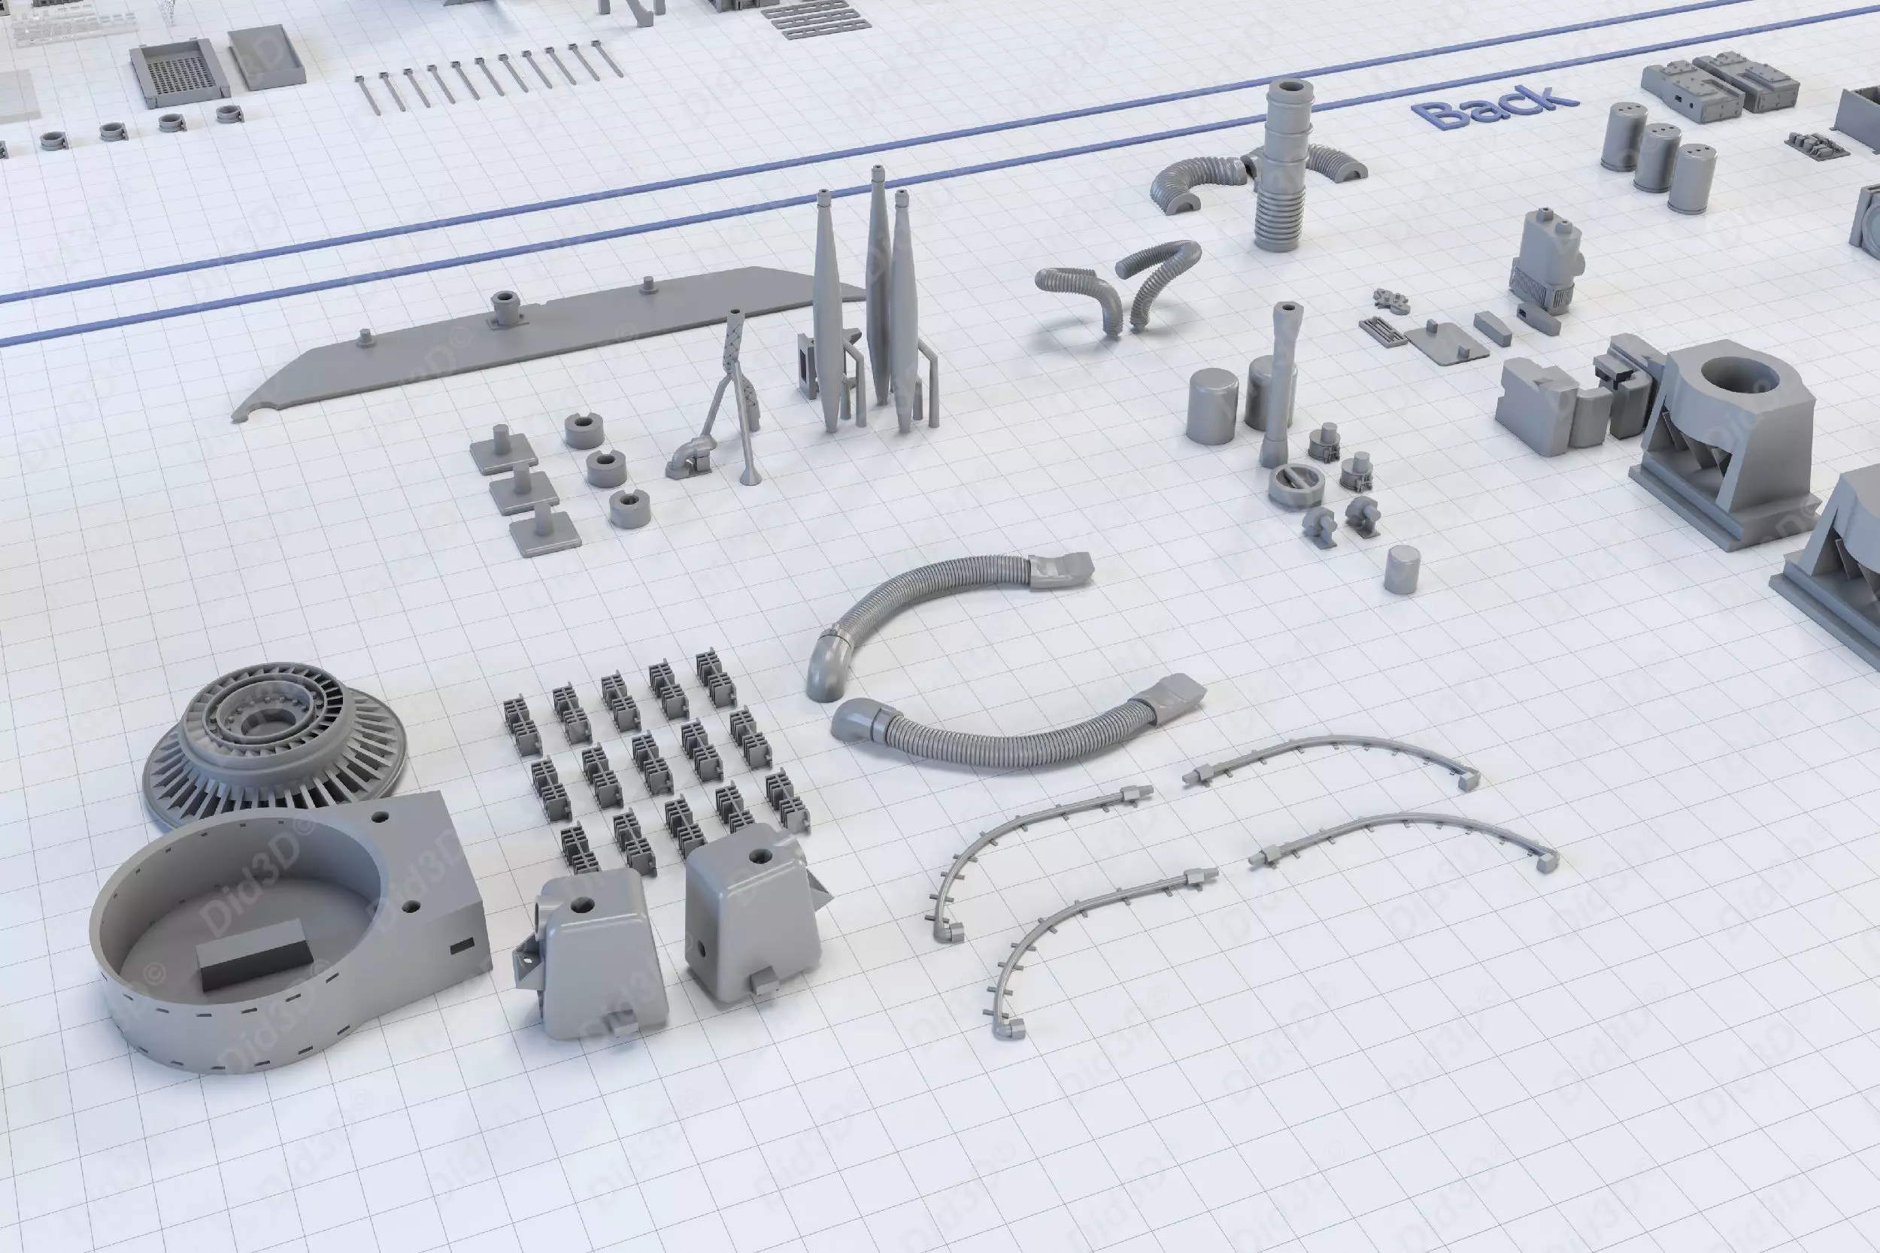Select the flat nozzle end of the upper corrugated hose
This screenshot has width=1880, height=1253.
1060,570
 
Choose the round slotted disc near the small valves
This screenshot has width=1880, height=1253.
1295,485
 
